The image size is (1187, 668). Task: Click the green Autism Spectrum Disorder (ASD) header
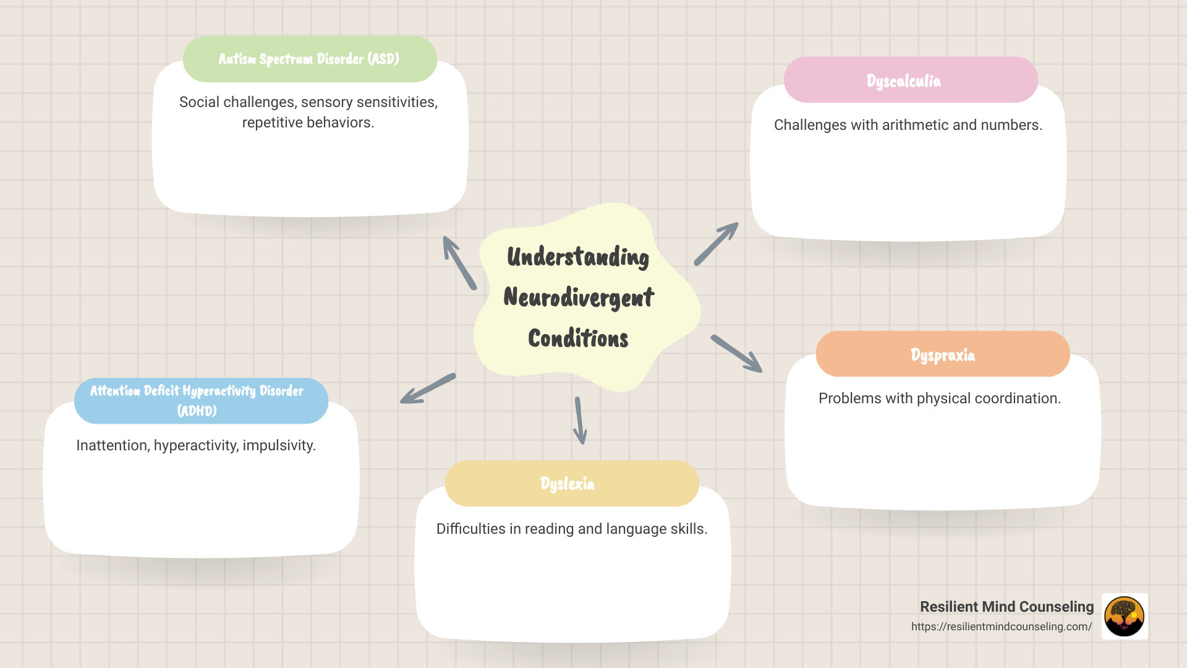[x=310, y=59]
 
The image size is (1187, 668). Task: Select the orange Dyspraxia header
[x=942, y=354]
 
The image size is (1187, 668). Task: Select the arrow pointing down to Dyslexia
[x=579, y=421]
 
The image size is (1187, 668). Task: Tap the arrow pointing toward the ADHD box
[x=428, y=388]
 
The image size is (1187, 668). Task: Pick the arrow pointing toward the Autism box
[x=459, y=263]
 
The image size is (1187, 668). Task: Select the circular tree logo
[x=1124, y=616]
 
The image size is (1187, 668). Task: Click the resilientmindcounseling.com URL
[x=1001, y=627]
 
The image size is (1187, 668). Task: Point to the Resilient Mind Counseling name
[x=1006, y=607]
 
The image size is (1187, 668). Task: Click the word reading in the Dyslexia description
[x=550, y=529]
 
